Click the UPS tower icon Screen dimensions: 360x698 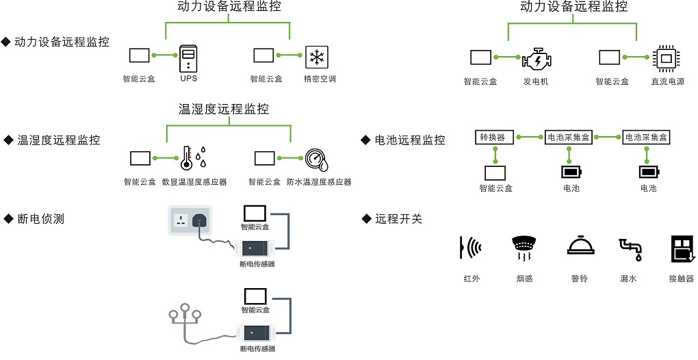[188, 58]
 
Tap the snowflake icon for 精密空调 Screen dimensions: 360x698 [316, 57]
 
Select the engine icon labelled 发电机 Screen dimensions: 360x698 [535, 60]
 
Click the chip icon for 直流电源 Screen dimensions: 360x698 [665, 59]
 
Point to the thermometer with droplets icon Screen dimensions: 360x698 [192, 158]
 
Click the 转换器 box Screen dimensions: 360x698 [492, 137]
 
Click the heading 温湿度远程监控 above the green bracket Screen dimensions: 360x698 [223, 110]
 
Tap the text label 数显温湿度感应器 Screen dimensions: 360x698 [194, 182]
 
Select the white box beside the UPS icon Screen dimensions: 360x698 [140, 55]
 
